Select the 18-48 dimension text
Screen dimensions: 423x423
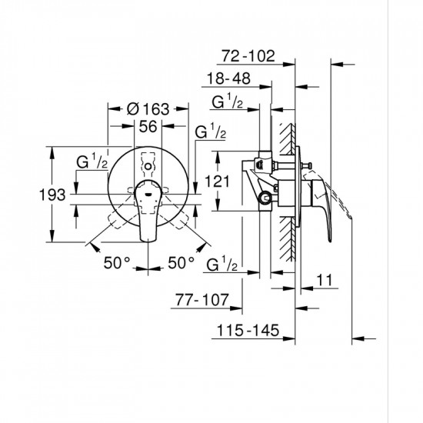click(231, 79)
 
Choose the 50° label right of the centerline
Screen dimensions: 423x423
click(181, 263)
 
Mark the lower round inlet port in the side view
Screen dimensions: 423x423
click(265, 198)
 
